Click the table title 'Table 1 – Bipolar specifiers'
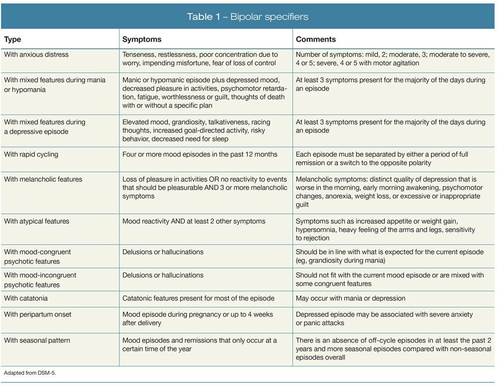(x=248, y=16)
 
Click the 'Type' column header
(x=13, y=39)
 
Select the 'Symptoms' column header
(x=142, y=39)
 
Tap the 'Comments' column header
(x=316, y=39)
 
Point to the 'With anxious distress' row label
(x=36, y=54)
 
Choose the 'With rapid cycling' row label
(x=31, y=154)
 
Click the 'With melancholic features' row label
(x=43, y=179)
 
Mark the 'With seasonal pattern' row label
(x=37, y=340)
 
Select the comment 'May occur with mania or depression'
(x=350, y=298)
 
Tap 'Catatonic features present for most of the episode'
(x=198, y=298)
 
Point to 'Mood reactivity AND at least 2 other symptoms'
(x=194, y=221)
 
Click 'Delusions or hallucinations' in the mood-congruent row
(x=163, y=252)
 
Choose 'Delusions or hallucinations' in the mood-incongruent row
(x=163, y=275)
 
